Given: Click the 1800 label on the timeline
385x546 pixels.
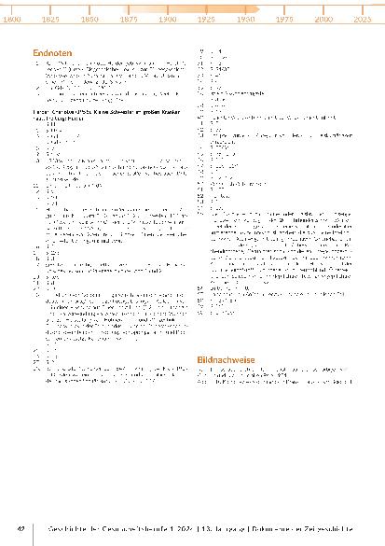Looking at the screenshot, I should pyautogui.click(x=13, y=19).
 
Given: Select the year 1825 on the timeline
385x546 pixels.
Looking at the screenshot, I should pyautogui.click(x=51, y=19).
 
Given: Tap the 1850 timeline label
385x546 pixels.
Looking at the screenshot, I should pyautogui.click(x=90, y=19).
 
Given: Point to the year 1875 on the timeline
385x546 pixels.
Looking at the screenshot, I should pyautogui.click(x=130, y=19).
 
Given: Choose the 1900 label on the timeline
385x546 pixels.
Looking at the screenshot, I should pyautogui.click(x=168, y=19).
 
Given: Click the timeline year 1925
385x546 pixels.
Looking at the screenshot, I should pyautogui.click(x=207, y=19).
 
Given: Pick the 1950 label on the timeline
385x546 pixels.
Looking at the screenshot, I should pyautogui.click(x=246, y=19).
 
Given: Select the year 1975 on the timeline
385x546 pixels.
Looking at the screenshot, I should pyautogui.click(x=284, y=19).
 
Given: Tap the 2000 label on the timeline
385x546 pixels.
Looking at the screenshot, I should pyautogui.click(x=323, y=19).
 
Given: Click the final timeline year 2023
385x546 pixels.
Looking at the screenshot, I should pyautogui.click(x=362, y=19).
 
